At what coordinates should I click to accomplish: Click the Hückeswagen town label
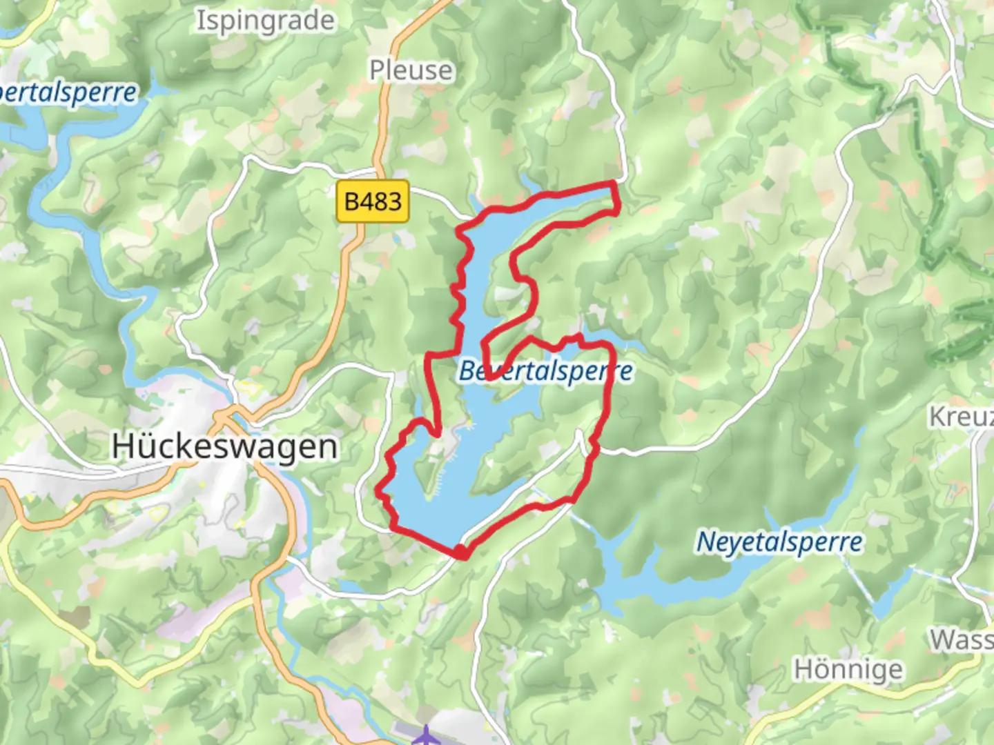pyautogui.click(x=224, y=447)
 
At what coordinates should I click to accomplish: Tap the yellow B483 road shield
pyautogui.click(x=373, y=201)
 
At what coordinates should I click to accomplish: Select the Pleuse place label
pyautogui.click(x=411, y=70)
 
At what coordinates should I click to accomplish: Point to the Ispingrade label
pyautogui.click(x=266, y=21)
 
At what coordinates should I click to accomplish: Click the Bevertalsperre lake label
pyautogui.click(x=545, y=371)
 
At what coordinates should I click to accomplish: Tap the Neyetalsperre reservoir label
pyautogui.click(x=779, y=542)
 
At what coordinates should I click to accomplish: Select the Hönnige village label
pyautogui.click(x=848, y=670)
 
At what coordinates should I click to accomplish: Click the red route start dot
pyautogui.click(x=461, y=551)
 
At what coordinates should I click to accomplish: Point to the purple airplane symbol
pyautogui.click(x=427, y=735)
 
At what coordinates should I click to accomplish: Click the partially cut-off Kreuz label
pyautogui.click(x=961, y=417)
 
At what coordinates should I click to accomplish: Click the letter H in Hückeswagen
pyautogui.click(x=122, y=447)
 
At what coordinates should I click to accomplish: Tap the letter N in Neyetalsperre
pyautogui.click(x=705, y=542)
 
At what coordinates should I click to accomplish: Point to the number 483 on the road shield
pyautogui.click(x=382, y=201)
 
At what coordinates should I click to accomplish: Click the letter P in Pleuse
pyautogui.click(x=377, y=70)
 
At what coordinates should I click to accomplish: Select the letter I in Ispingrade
pyautogui.click(x=201, y=21)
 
